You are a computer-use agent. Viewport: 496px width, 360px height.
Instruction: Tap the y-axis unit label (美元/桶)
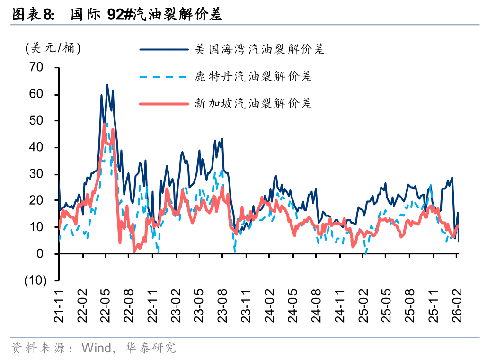click(x=53, y=48)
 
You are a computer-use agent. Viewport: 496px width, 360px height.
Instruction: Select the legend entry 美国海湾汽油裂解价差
click(x=259, y=49)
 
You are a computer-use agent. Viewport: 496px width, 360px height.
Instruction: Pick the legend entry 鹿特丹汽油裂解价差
click(x=253, y=76)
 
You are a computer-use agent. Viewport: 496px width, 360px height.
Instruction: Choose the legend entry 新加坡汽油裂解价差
click(x=253, y=103)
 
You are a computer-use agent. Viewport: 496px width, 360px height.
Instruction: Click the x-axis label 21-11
click(x=59, y=307)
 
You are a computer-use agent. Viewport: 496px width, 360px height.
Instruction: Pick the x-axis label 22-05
click(x=106, y=307)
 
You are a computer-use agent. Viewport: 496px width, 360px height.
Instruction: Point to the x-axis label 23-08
click(x=223, y=307)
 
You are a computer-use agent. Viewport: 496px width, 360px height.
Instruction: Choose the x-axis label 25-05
click(x=387, y=307)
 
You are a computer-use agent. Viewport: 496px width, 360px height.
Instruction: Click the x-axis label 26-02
click(x=457, y=307)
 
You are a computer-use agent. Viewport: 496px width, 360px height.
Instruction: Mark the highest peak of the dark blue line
click(x=107, y=85)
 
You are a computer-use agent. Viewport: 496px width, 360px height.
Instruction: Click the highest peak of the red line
click(x=105, y=124)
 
